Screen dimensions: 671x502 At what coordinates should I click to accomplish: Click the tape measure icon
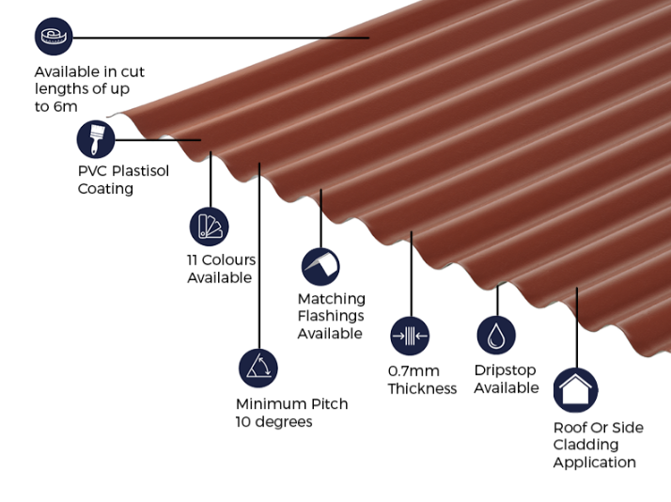pos(54,37)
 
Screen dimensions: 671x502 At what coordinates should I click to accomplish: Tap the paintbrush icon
pos(96,139)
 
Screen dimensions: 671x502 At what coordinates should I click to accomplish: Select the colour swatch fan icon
pos(210,227)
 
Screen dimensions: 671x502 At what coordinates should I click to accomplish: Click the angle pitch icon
pos(258,369)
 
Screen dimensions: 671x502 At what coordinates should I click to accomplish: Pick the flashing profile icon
pos(320,267)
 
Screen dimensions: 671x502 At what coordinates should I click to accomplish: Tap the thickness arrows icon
pos(410,336)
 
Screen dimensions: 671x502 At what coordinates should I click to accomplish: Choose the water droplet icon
pos(496,335)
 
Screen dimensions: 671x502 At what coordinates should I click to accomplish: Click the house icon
pos(575,390)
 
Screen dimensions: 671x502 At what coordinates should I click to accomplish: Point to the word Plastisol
pos(140,171)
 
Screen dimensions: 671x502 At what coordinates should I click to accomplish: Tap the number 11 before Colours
pos(192,259)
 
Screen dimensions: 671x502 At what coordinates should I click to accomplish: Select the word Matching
pos(332,299)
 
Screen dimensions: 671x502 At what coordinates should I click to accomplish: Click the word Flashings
pos(331,316)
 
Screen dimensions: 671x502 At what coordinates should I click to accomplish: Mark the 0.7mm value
pos(414,371)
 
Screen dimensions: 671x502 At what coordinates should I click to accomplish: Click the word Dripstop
pos(505,370)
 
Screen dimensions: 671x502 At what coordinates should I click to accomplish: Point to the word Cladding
pos(585,445)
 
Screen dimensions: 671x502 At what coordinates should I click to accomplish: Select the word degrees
pos(283,422)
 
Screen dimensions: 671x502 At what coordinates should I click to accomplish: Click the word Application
pos(594,463)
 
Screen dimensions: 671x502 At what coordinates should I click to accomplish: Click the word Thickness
pos(422,388)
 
